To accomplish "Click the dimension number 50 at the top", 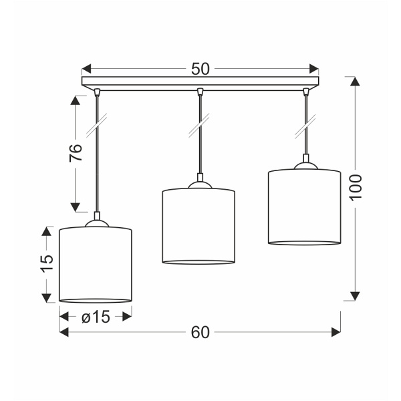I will coord(200,68).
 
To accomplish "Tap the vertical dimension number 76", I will coord(77,153).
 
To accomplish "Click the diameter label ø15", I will coord(96,317).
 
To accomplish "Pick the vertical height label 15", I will coord(45,263).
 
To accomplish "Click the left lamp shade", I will coord(96,265).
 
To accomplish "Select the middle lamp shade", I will coord(199,227).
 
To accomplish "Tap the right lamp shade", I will coord(304,207).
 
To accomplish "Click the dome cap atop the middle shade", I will coord(199,184).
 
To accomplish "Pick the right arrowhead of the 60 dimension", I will coord(336,332).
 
